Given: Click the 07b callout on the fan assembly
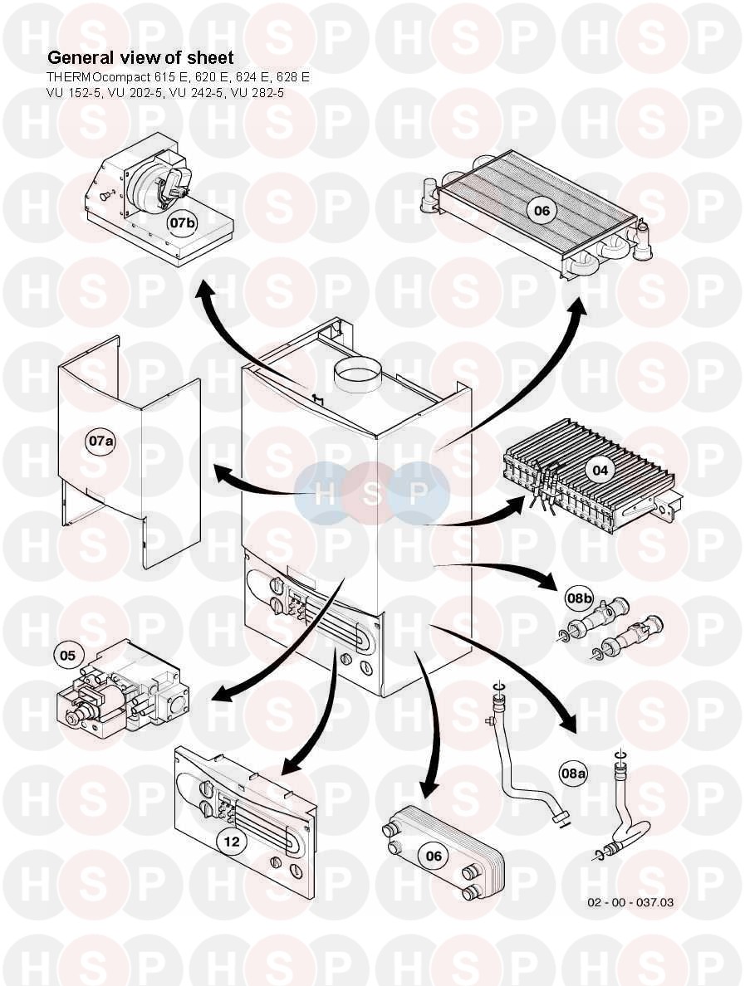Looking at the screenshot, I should tap(184, 222).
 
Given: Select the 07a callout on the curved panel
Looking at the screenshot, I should tap(101, 442).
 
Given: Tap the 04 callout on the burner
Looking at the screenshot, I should tap(600, 470).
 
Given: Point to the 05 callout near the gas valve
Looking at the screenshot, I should tap(67, 656).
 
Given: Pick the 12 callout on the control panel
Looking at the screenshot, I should tap(232, 842).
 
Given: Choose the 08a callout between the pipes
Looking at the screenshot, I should tap(573, 774).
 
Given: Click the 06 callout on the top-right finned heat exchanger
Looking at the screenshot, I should tap(542, 211).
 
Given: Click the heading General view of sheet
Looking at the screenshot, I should tap(140, 58).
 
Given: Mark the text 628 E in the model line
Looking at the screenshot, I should tap(292, 77).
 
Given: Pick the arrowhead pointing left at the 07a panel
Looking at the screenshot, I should tap(222, 476).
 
